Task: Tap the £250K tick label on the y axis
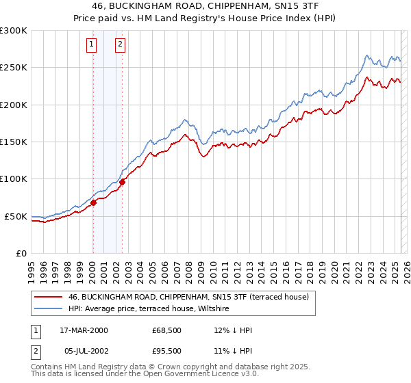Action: click(14, 68)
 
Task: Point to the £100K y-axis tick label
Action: click(14, 179)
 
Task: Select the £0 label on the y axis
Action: click(21, 253)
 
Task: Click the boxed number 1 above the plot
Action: click(92, 45)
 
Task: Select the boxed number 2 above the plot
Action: click(120, 45)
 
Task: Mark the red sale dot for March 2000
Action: click(93, 202)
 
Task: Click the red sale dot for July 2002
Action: click(122, 183)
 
